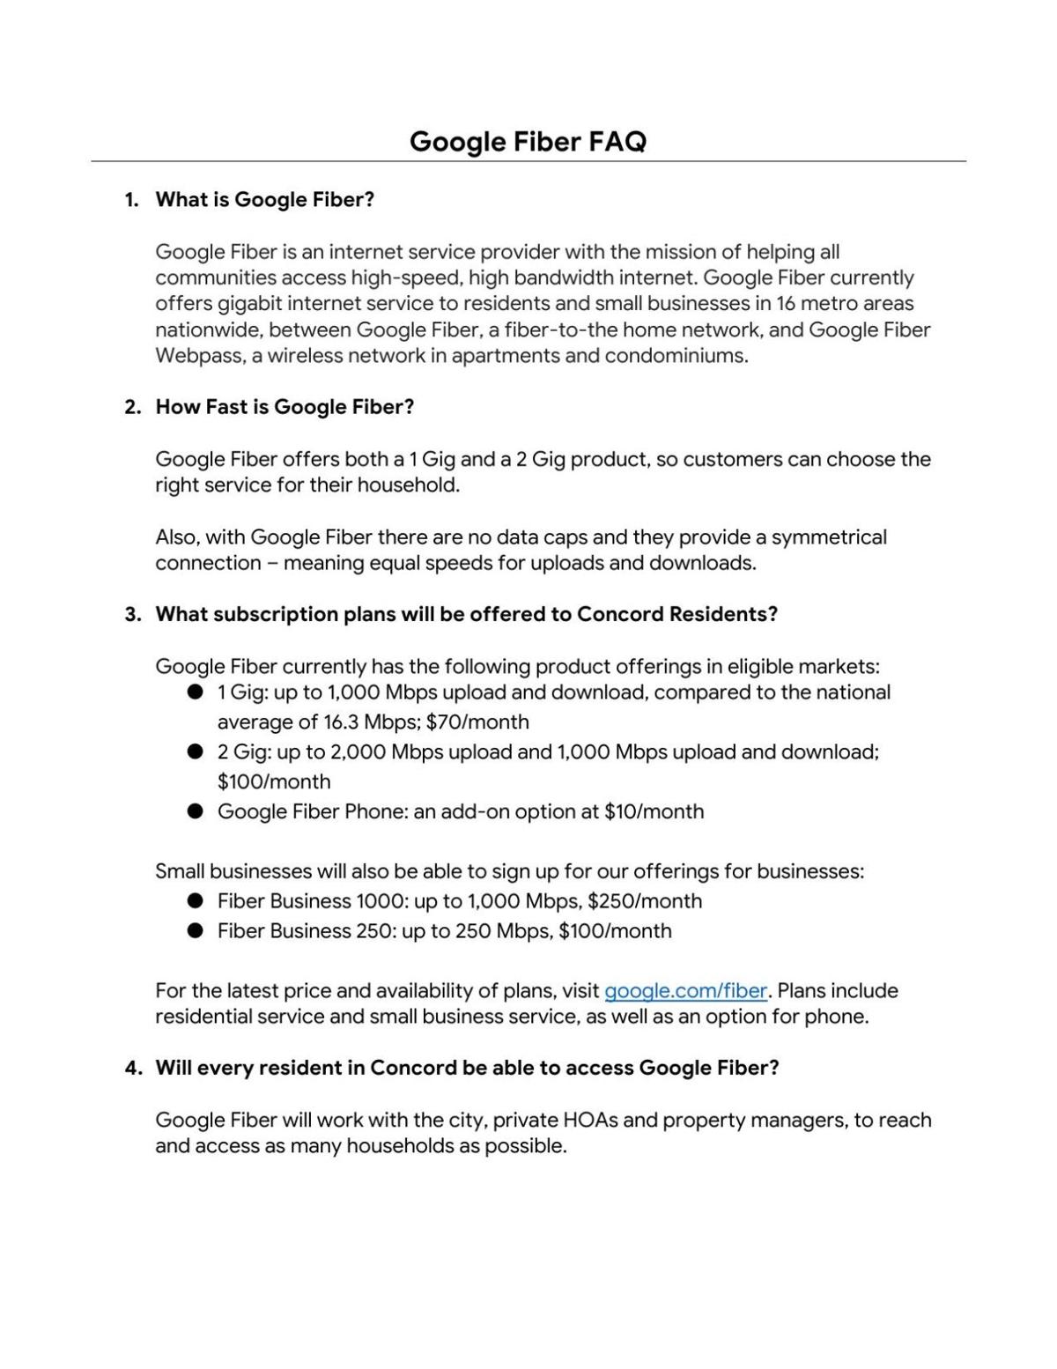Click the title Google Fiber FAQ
528,141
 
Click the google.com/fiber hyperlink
685,991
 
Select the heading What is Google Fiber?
264,200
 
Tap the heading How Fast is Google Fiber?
285,407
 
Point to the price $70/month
477,722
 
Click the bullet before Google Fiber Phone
196,811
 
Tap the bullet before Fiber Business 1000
196,901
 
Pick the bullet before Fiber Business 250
196,931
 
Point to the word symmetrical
829,537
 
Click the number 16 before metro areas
786,304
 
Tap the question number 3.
132,615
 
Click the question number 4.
132,1069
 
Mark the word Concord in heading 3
620,615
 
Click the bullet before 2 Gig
196,752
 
